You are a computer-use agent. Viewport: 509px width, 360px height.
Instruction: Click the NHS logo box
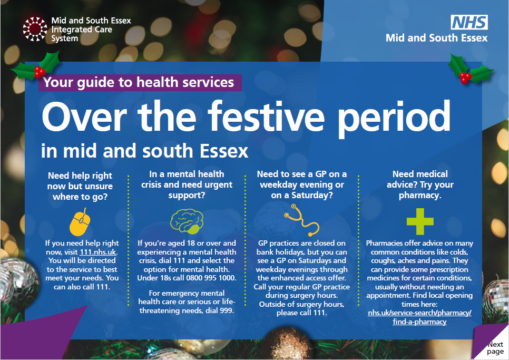point(469,22)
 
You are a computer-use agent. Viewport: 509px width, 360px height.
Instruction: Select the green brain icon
point(185,222)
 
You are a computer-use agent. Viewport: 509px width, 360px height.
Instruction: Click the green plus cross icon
point(420,221)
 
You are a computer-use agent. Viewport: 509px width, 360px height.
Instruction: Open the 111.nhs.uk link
point(102,252)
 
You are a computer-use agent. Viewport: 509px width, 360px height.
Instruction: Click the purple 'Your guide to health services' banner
point(139,82)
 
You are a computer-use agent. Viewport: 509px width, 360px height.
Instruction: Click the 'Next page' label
point(495,348)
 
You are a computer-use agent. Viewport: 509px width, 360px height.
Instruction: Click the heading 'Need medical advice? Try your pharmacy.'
point(420,184)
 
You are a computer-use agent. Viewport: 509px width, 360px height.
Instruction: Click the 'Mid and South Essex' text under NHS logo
point(436,38)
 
